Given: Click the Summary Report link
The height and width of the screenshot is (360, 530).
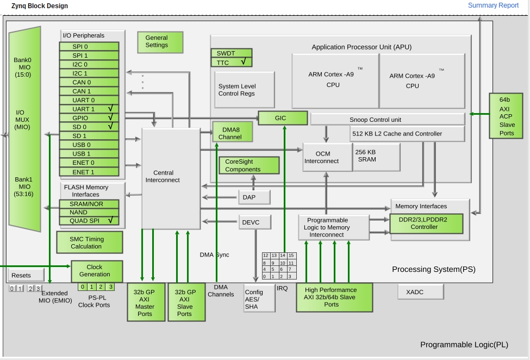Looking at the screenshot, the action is [x=493, y=5].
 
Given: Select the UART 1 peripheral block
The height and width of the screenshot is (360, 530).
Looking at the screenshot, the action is [x=89, y=109].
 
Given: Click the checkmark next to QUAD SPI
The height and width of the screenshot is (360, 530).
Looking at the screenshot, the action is [x=110, y=220].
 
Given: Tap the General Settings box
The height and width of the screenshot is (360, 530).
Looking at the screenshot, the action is [x=160, y=42].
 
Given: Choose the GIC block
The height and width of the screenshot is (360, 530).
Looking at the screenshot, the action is [x=283, y=118].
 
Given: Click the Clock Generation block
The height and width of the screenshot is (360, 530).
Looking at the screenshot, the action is [x=97, y=271].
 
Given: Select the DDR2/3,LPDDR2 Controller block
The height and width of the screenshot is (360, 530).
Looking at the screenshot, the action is [x=426, y=224].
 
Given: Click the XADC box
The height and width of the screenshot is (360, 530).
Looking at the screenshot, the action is [x=421, y=291].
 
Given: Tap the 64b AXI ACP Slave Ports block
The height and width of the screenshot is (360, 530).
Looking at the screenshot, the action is [x=506, y=116].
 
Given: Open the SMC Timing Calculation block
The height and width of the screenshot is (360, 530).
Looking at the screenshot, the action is [x=90, y=243].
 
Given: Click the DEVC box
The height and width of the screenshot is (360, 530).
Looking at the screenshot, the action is [x=255, y=222].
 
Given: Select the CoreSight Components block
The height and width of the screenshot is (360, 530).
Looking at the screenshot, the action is [x=249, y=165].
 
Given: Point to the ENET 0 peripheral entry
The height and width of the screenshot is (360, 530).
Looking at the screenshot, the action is [x=89, y=163].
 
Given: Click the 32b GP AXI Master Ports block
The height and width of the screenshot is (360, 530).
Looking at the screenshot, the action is [x=146, y=302].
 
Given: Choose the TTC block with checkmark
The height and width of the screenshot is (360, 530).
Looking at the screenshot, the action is [x=232, y=62].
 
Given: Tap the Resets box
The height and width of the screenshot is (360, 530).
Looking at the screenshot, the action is [x=26, y=275].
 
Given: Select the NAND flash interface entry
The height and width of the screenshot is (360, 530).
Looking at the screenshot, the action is [x=89, y=212].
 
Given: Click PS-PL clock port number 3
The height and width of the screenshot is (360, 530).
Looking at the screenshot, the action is [x=110, y=287].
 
